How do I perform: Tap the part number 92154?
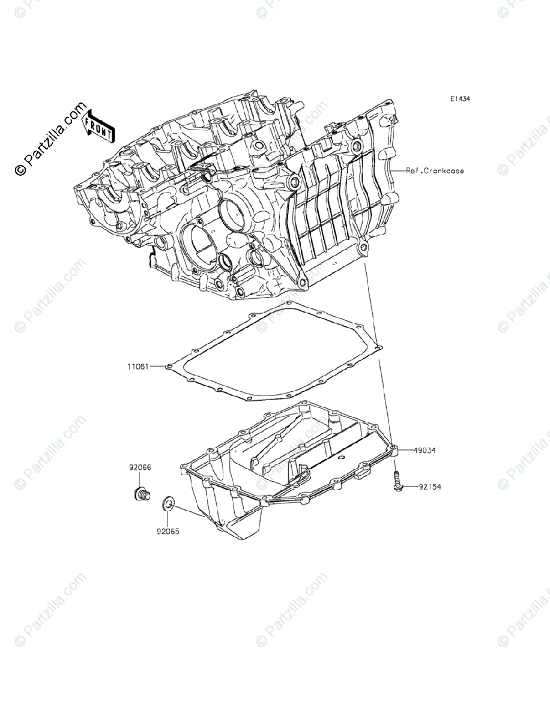[x=429, y=487]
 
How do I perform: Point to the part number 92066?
[x=139, y=466]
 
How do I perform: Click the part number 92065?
[x=169, y=531]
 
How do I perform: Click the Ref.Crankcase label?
[x=435, y=171]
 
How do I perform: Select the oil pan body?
[x=282, y=474]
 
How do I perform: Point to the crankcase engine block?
[x=240, y=198]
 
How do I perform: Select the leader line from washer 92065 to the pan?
[x=189, y=511]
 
